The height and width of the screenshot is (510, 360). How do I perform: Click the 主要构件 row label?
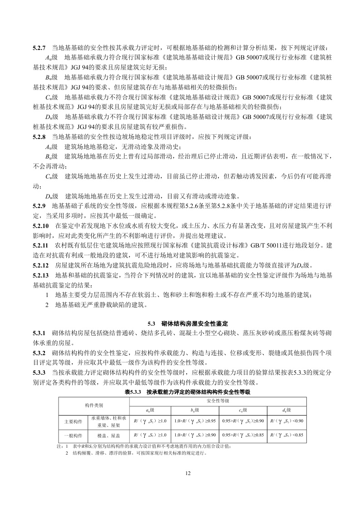point(72,421)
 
